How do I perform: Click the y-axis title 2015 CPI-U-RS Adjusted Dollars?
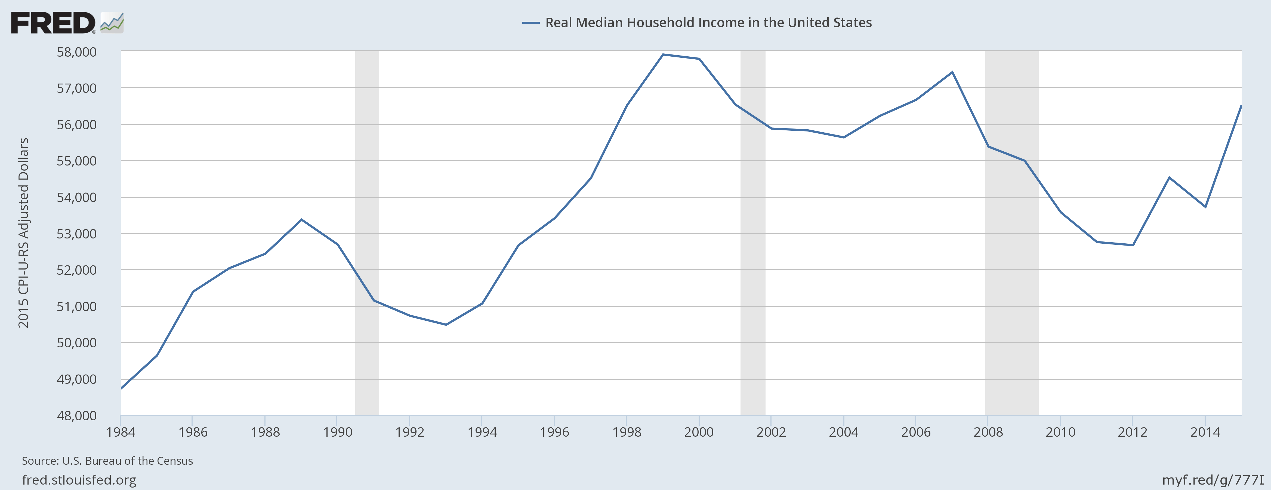pyautogui.click(x=23, y=233)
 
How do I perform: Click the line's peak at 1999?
pyautogui.click(x=663, y=54)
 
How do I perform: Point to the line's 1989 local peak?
pyautogui.click(x=301, y=219)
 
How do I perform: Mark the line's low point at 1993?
pyautogui.click(x=446, y=324)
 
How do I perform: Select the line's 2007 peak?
pyautogui.click(x=952, y=72)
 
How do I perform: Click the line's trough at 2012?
pyautogui.click(x=1133, y=245)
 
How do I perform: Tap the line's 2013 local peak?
pyautogui.click(x=1169, y=177)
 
